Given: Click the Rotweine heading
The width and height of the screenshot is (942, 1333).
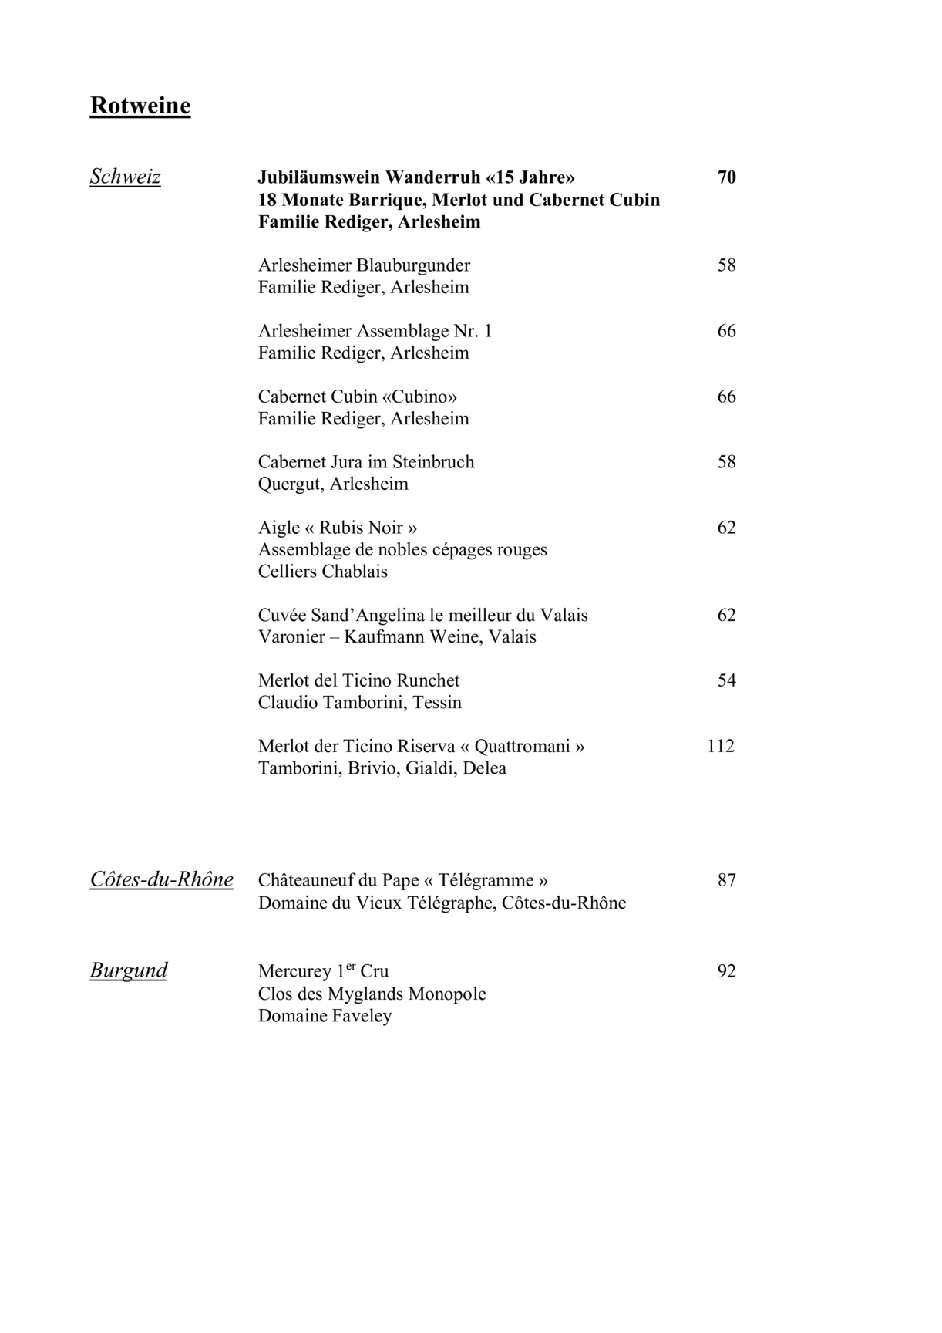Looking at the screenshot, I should click(140, 106).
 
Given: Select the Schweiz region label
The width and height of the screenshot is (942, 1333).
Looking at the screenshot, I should click(126, 177).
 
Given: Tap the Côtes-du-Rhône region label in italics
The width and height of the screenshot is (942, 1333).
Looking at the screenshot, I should click(162, 879).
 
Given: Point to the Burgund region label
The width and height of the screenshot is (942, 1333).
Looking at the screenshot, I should click(129, 970).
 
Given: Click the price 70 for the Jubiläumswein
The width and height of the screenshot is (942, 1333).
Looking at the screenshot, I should click(726, 177).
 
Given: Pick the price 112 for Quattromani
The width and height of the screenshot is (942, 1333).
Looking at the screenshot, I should click(721, 746).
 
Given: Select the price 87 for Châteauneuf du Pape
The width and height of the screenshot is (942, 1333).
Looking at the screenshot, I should click(726, 880).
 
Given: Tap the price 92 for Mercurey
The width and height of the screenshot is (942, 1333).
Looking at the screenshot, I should click(726, 971).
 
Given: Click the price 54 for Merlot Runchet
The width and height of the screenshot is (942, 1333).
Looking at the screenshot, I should click(726, 680).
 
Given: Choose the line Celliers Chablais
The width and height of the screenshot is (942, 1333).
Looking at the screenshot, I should click(323, 572).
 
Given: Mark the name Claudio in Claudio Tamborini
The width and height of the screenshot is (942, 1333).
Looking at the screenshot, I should click(287, 703).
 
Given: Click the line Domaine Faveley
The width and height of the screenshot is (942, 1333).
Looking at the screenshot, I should click(325, 1016).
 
